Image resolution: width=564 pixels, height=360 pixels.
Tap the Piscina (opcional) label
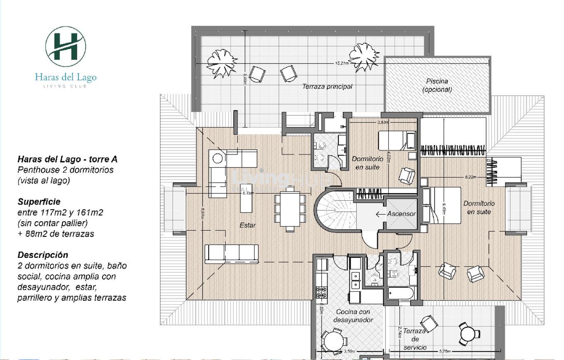coord(437,85)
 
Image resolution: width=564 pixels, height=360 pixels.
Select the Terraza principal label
coord(327,87)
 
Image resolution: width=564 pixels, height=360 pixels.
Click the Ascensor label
coord(401,214)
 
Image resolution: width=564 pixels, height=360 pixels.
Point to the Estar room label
coord(247,225)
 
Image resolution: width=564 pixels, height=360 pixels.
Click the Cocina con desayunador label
coord(353,316)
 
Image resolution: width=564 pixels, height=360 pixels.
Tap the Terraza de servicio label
coord(415,339)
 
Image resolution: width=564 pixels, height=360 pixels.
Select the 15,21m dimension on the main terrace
coord(342,63)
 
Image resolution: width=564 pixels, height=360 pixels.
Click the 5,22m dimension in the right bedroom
coord(470,177)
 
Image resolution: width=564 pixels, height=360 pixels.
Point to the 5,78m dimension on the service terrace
coord(445,351)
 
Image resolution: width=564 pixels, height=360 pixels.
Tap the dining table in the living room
coord(290,208)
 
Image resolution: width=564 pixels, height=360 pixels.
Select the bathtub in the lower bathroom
coord(401,294)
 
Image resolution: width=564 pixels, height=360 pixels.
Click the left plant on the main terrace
coord(222,63)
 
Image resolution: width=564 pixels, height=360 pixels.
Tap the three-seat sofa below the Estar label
coord(231,253)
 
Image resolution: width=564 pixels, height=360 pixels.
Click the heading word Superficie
coord(39,202)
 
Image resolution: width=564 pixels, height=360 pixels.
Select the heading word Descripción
coord(43,255)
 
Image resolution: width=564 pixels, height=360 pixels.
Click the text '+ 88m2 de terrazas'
coord(56,234)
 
